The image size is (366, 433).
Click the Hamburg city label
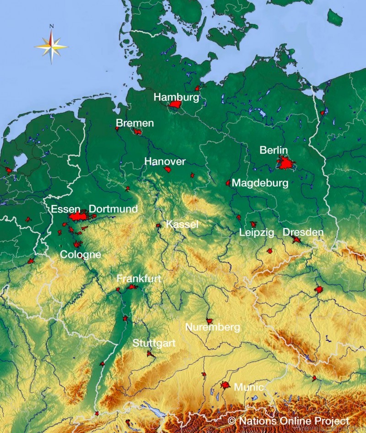click(176, 97)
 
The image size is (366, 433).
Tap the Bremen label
click(135, 123)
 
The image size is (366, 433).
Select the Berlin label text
click(274, 150)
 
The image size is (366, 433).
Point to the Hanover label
click(165, 162)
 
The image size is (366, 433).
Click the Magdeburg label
click(260, 183)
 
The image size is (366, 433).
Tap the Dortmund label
click(113, 209)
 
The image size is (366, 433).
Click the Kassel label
click(182, 225)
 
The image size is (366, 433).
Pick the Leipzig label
click(257, 233)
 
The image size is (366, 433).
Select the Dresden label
click(303, 232)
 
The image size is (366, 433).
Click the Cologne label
click(81, 254)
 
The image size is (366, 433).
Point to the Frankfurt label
click(139, 279)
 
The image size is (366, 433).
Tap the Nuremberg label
click(212, 328)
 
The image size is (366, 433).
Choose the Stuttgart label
click(154, 343)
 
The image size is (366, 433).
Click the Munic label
click(248, 387)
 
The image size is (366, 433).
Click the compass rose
click(51, 45)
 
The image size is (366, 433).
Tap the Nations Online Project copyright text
click(288, 421)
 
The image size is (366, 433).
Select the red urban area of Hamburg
click(175, 105)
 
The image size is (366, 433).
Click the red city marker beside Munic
click(225, 386)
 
